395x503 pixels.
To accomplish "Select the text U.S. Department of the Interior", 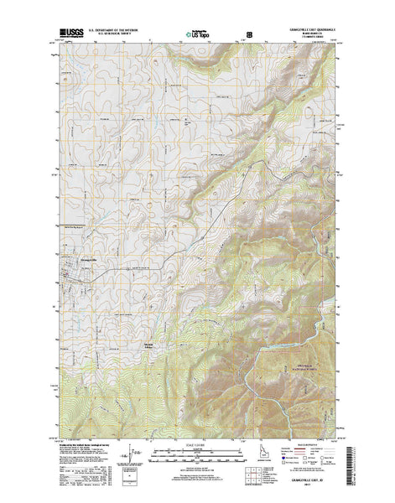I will [x=109, y=30].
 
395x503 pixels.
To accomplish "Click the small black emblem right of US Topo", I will [x=247, y=35].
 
